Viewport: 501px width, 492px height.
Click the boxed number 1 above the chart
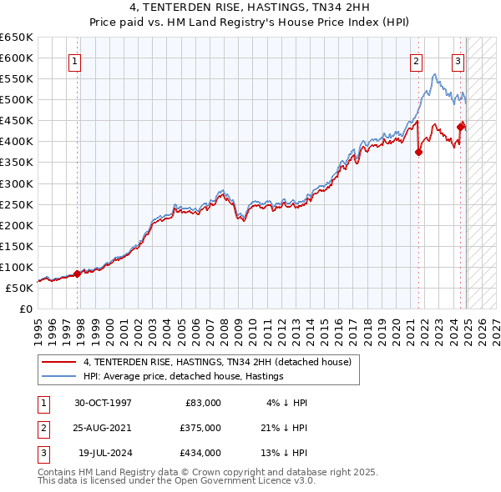click(75, 60)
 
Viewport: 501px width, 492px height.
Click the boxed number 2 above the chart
click(416, 60)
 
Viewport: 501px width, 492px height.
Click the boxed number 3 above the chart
click(458, 60)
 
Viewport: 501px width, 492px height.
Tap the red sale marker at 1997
click(77, 274)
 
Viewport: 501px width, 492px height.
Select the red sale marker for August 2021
click(418, 152)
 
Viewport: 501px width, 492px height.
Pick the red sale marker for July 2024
click(460, 127)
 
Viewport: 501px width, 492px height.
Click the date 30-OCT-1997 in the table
click(103, 403)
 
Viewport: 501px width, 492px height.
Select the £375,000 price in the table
click(200, 428)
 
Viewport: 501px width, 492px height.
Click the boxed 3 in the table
click(43, 453)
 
